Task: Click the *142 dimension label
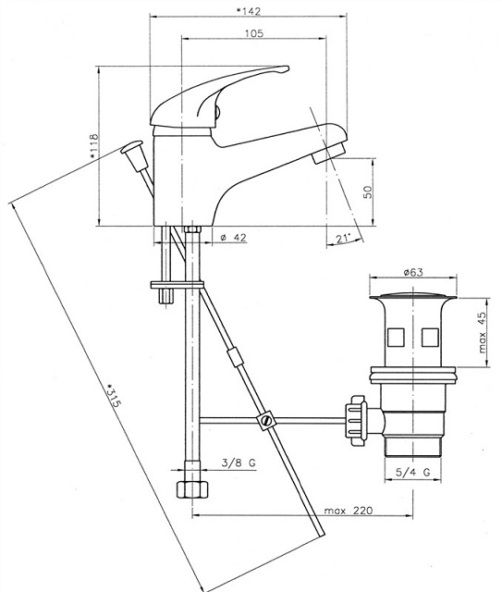point(249,11)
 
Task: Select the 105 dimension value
point(254,33)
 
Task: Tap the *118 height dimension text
point(93,145)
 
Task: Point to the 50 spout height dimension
point(368,191)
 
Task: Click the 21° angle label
point(343,239)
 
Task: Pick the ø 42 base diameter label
point(233,238)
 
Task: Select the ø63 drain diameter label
point(413,272)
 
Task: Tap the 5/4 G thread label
point(413,472)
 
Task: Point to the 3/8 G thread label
point(239,462)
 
